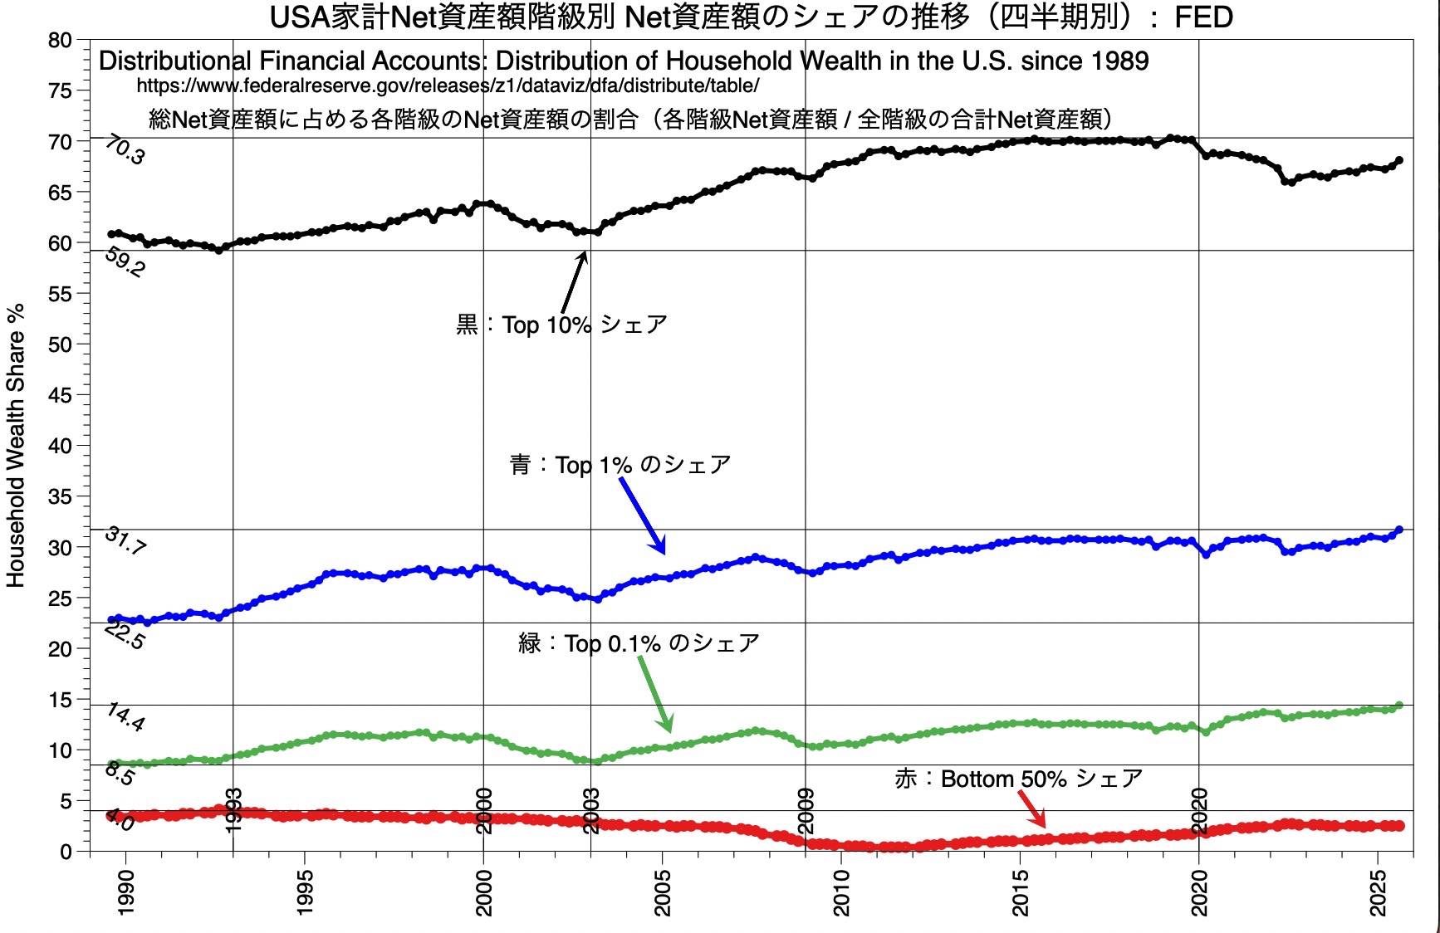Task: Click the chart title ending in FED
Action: click(751, 17)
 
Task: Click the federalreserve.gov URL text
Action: click(448, 85)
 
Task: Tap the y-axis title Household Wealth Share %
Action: click(16, 446)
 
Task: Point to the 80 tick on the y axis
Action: click(60, 40)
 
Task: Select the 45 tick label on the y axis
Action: click(60, 395)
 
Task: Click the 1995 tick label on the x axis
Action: click(305, 892)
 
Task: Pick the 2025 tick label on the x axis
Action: click(1379, 892)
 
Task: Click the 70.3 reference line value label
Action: click(125, 152)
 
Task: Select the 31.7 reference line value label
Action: click(125, 541)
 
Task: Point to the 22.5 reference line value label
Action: click(125, 636)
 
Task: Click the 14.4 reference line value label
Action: click(125, 717)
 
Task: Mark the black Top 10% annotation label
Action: click(561, 325)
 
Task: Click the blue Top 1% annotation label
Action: click(620, 465)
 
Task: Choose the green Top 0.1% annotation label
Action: click(639, 643)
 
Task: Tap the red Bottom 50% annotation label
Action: click(1018, 779)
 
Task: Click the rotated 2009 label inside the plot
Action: click(806, 810)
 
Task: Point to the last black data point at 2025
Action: click(1399, 160)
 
